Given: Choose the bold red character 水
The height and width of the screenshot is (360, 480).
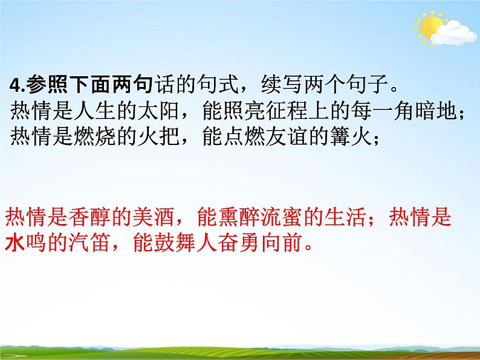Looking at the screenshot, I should [14, 244].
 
